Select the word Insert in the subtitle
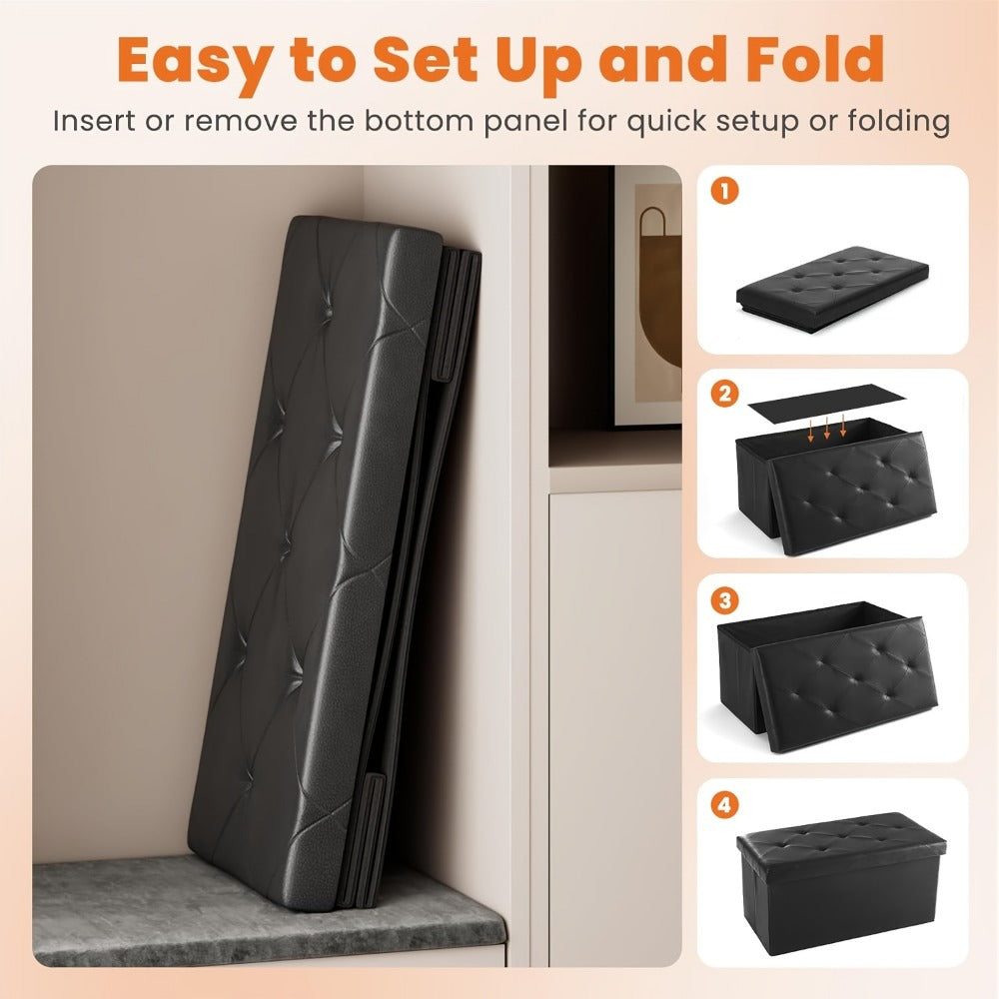[93, 120]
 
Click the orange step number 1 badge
[724, 190]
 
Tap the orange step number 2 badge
[724, 394]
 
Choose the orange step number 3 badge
[724, 599]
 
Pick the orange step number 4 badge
[724, 804]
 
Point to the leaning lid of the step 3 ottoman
[847, 682]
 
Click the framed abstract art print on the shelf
[647, 297]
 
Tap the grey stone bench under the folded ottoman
[268, 911]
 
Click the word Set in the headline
[425, 59]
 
